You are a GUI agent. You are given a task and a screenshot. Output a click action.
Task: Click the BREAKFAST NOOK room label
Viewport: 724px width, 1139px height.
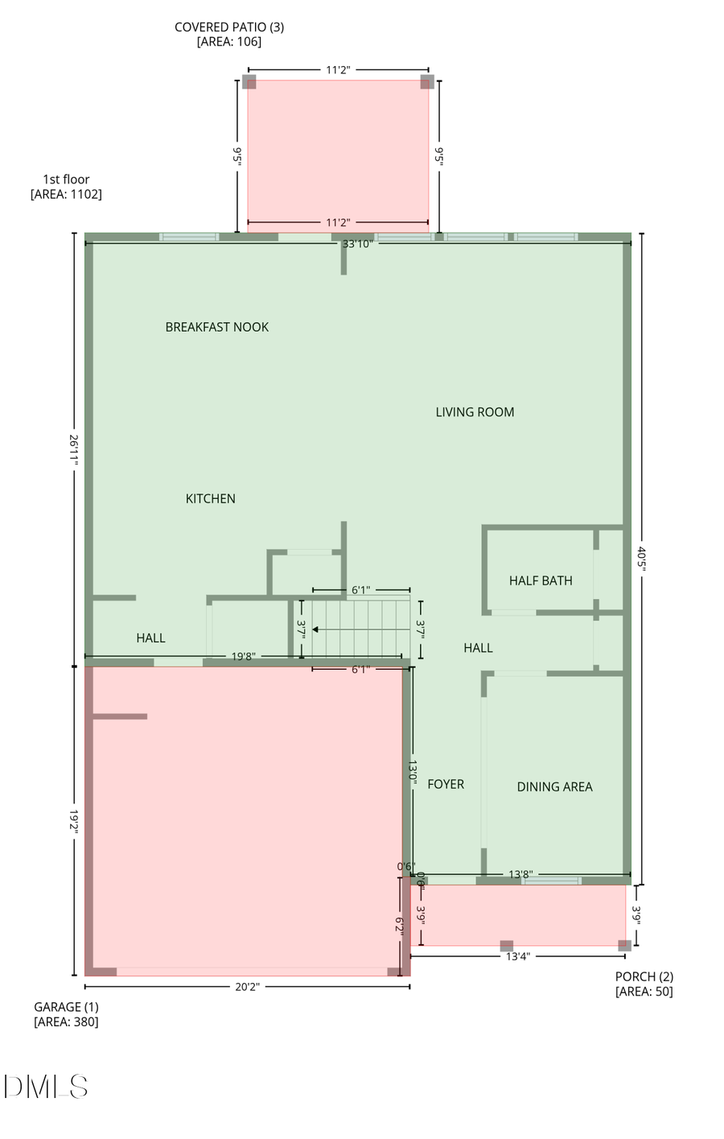click(216, 327)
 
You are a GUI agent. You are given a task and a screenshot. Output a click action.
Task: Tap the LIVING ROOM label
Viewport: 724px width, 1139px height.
click(475, 412)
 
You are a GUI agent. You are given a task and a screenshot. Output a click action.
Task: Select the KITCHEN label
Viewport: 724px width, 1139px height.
click(210, 499)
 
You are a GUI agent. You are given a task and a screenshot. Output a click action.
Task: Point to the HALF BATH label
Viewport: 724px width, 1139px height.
click(541, 580)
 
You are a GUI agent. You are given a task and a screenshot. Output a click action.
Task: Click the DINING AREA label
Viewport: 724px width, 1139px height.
click(554, 787)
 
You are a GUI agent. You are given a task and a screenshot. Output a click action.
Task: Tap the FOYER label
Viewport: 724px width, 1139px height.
click(446, 784)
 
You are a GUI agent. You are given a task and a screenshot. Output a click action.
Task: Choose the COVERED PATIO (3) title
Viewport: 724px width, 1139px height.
click(229, 27)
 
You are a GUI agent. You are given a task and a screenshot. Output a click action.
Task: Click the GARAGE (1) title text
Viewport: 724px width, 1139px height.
click(66, 1007)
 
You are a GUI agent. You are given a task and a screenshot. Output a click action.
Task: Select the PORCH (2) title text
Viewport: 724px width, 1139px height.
click(644, 977)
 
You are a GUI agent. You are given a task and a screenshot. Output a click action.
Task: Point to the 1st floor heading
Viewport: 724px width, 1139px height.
click(66, 180)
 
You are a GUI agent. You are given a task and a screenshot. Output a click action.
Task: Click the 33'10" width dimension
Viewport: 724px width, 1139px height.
click(357, 244)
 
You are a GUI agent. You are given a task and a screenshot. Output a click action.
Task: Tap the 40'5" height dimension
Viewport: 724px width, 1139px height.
click(641, 559)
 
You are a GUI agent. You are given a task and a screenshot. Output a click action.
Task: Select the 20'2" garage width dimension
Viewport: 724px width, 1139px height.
click(247, 987)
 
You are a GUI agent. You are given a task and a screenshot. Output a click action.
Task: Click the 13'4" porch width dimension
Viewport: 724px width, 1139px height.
click(518, 957)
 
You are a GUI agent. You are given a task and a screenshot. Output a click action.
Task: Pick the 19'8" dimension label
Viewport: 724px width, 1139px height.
click(243, 657)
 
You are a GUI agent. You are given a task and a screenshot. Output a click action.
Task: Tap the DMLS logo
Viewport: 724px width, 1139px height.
click(46, 1087)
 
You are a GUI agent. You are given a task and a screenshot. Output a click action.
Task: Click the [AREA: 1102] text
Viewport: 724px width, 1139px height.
click(66, 194)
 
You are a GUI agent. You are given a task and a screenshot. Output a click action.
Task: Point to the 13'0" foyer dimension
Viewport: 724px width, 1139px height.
click(412, 773)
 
